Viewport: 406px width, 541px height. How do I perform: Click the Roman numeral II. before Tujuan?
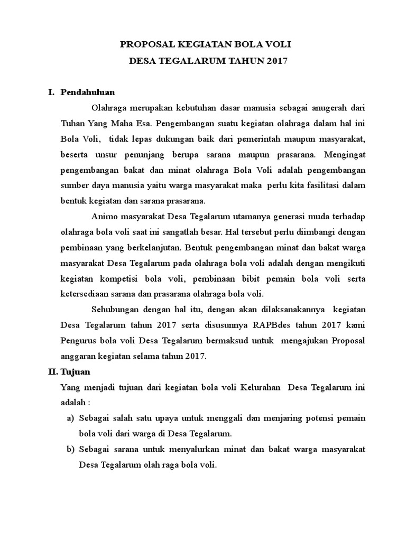50,372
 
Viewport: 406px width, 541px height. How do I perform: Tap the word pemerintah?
275,139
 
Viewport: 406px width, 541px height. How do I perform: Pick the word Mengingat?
344,155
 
